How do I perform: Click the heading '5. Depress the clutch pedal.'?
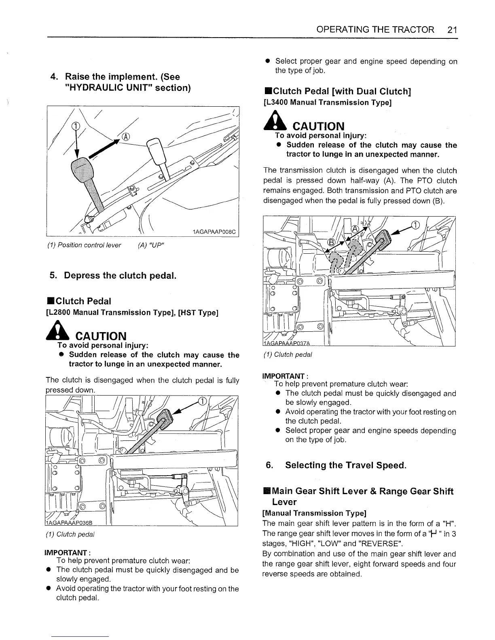coord(112,276)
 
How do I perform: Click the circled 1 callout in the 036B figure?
coord(202,401)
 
